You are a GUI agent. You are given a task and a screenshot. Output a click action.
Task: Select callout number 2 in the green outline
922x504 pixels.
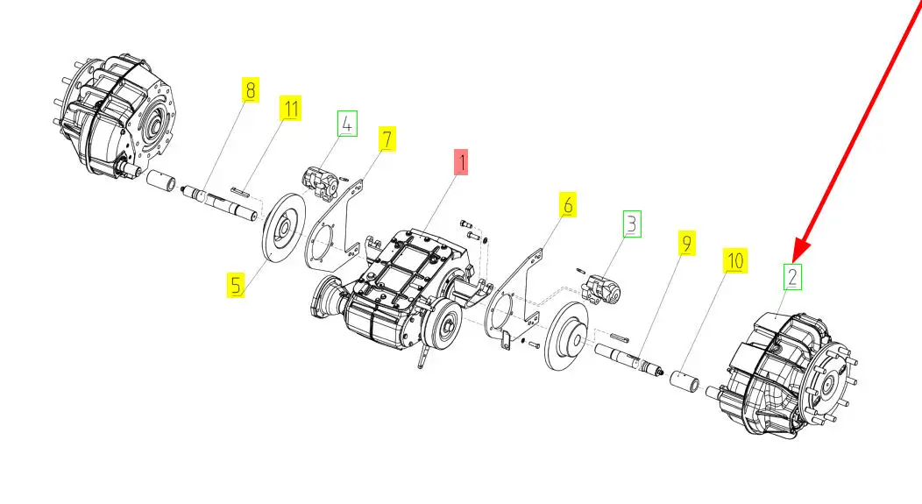791,277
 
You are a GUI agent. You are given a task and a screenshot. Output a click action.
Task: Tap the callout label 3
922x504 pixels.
632,224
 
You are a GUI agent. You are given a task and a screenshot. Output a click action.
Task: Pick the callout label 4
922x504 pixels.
347,124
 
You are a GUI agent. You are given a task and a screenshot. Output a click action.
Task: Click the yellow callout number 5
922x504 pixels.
235,285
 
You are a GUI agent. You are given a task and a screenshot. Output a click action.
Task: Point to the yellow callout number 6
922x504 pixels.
567,206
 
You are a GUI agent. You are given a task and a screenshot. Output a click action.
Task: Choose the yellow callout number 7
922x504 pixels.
387,138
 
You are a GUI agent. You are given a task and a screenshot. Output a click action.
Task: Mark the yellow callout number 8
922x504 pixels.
251,90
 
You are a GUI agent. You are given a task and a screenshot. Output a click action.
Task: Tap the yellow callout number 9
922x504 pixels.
686,244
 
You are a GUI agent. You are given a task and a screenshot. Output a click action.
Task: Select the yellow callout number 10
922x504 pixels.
734,260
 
